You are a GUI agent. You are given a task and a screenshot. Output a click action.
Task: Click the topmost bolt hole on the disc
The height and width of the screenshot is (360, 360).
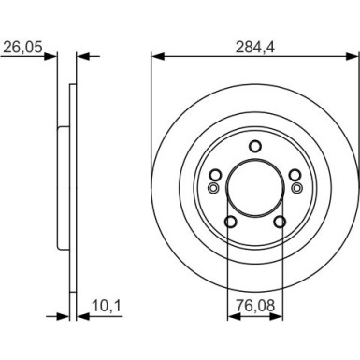click(x=254, y=145)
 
